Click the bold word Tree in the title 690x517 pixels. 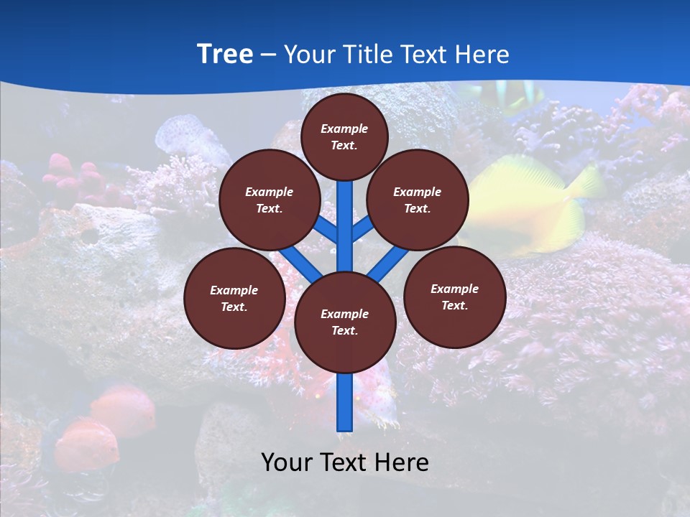(x=225, y=54)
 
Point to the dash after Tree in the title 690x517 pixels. (x=268, y=55)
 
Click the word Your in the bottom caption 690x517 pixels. (x=287, y=462)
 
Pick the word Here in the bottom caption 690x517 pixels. (x=402, y=462)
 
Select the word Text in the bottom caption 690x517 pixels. (x=344, y=462)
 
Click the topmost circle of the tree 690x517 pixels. (x=344, y=136)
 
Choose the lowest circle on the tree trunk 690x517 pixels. (x=345, y=322)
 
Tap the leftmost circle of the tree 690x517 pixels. (x=234, y=298)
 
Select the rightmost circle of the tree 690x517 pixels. (x=454, y=297)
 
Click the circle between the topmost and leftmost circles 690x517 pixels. (x=270, y=200)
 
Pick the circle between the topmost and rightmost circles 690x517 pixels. (x=418, y=200)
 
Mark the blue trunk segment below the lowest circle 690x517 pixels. (x=345, y=402)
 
